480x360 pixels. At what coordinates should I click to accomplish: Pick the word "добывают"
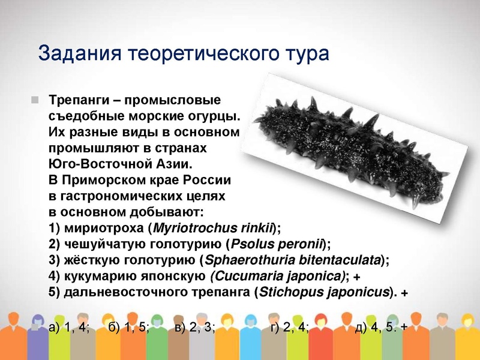point(169,212)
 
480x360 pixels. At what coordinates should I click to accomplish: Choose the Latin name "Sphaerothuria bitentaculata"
point(293,260)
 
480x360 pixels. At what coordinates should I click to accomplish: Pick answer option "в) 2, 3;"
point(195,327)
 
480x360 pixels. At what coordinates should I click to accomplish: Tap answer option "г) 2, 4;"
point(289,327)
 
